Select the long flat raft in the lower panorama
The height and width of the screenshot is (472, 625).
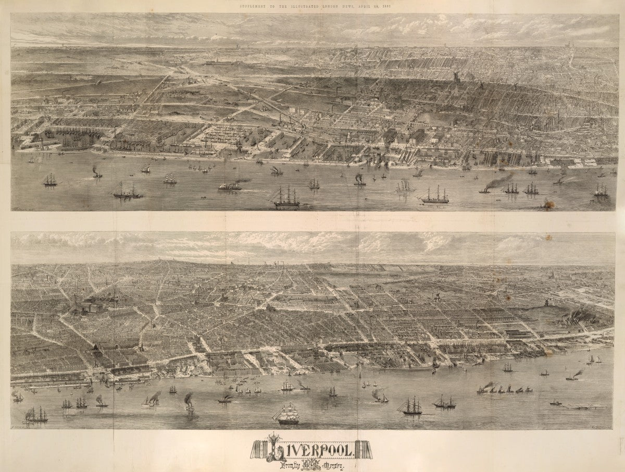coord(586,406)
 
